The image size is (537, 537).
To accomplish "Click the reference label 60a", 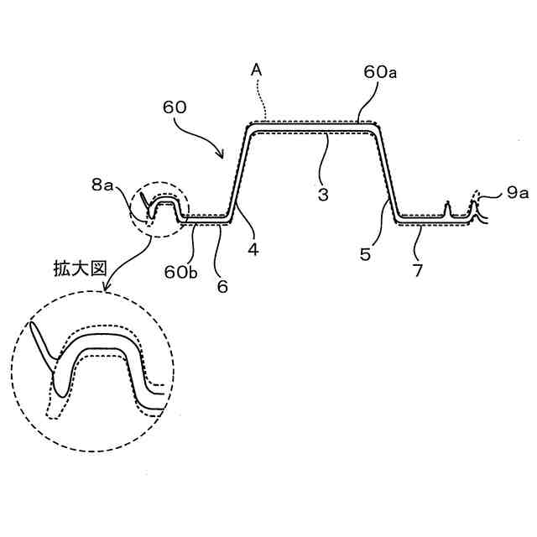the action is tap(380, 73).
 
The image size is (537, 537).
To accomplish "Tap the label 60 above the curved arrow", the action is tap(175, 109).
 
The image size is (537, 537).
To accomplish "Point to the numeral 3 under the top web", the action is tap(323, 193).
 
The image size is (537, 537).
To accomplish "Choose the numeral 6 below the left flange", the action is tap(222, 285).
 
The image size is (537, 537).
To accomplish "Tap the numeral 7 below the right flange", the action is tap(417, 270).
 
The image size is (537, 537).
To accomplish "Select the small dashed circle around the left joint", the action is tap(161, 209).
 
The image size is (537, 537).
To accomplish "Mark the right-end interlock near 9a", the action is tap(475, 208).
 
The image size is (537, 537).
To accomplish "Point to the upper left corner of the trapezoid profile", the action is tap(249, 128).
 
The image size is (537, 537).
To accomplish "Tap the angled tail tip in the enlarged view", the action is tap(32, 324).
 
